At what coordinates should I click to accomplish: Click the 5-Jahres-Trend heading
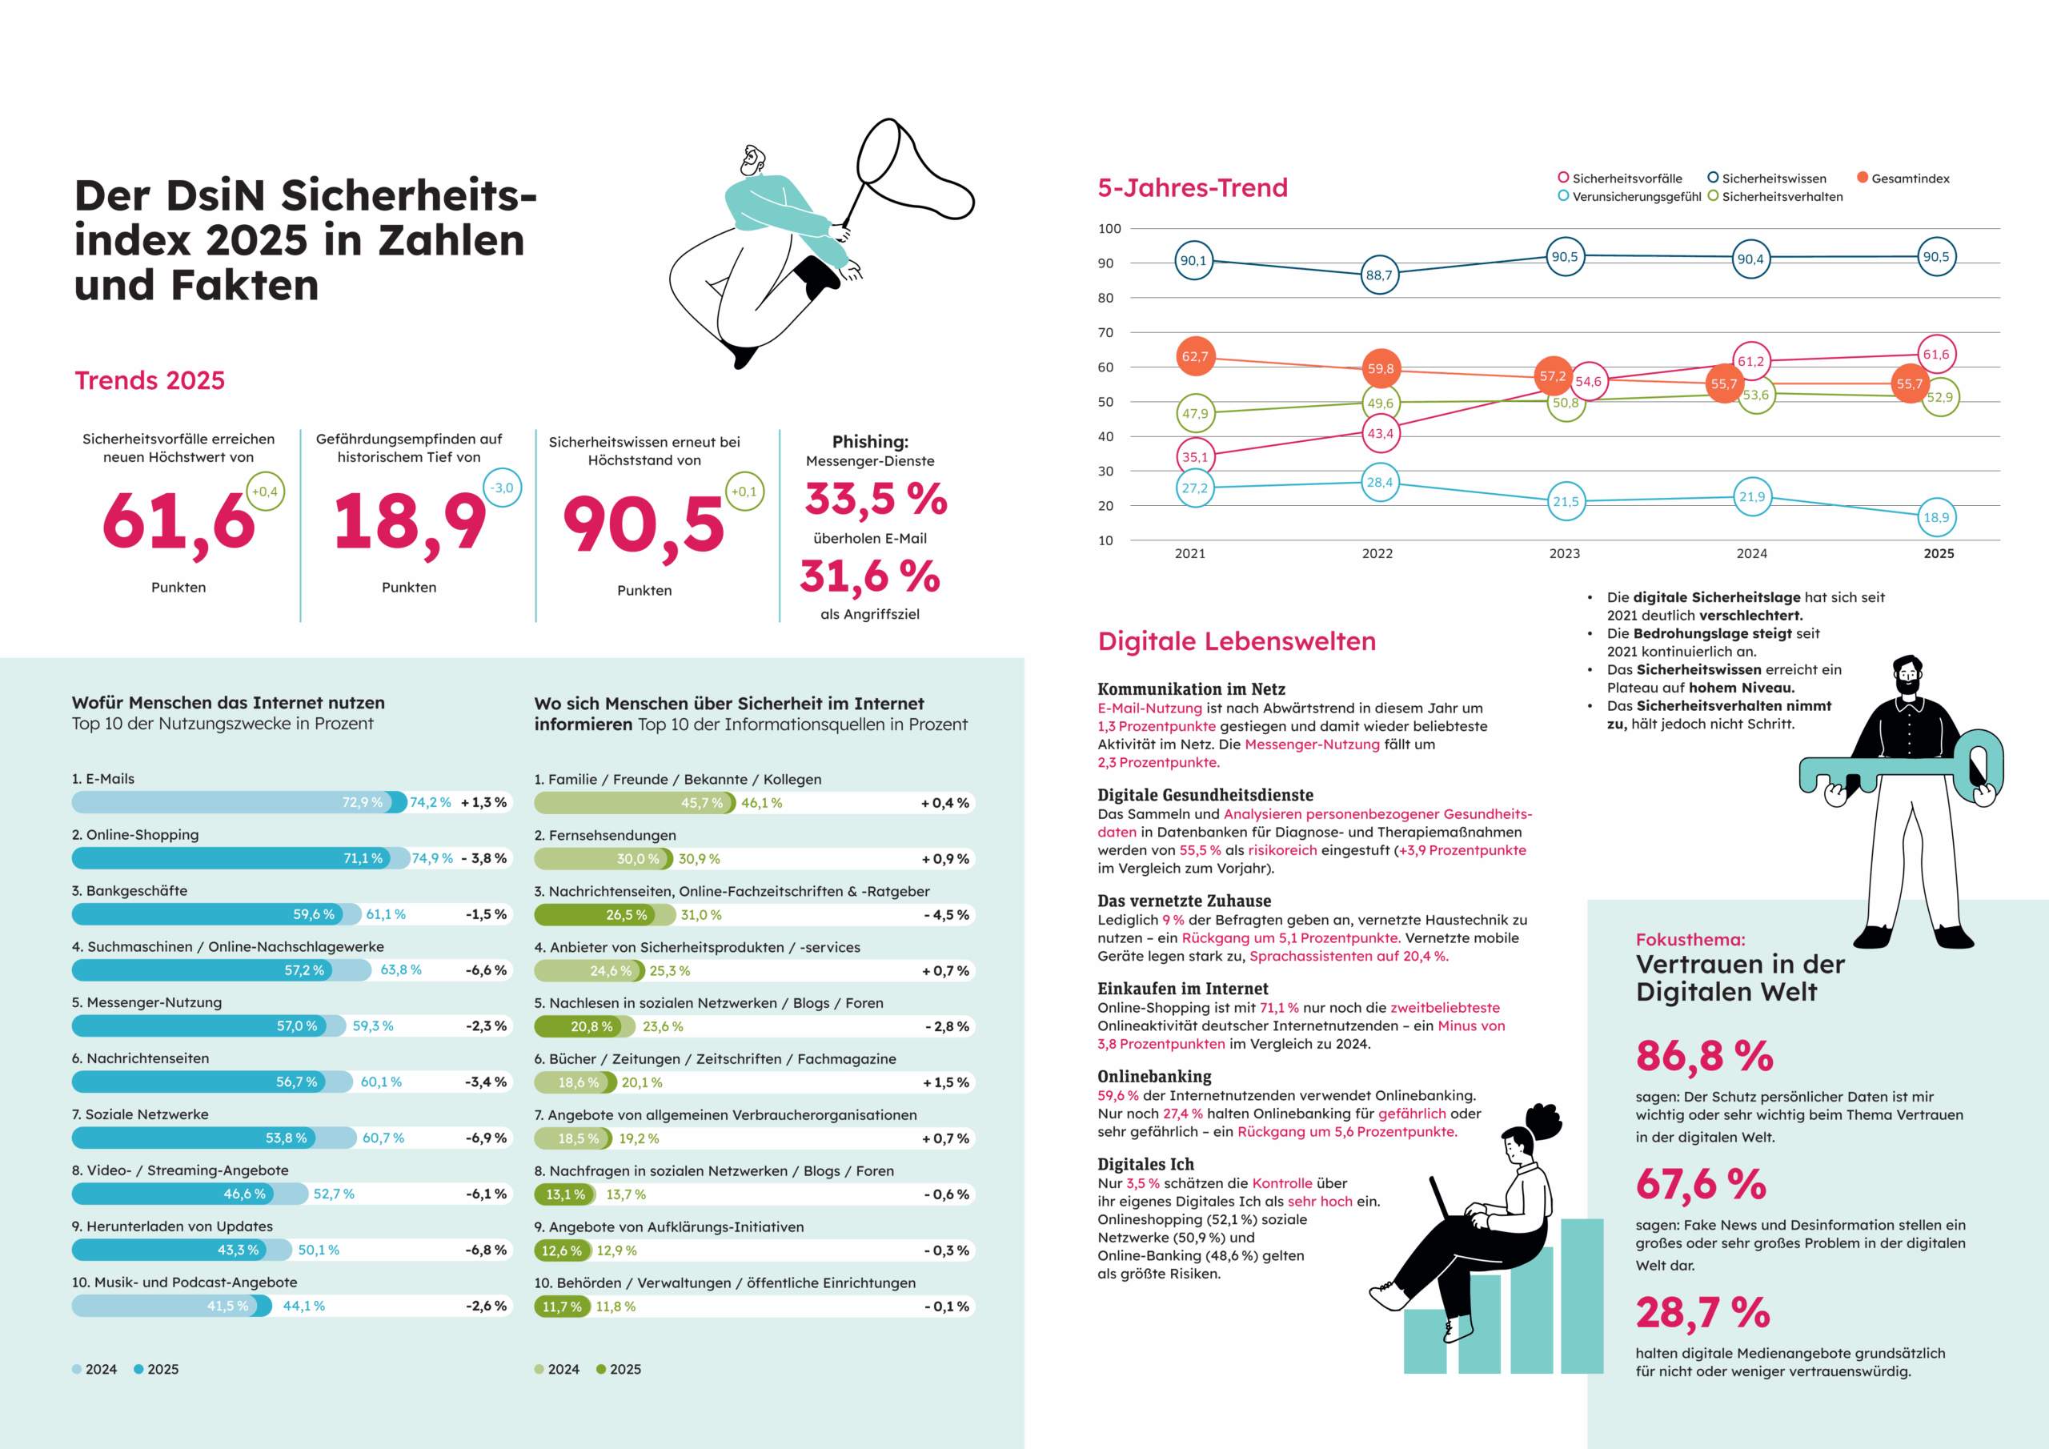[1193, 187]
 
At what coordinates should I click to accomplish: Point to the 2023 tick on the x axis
[1565, 553]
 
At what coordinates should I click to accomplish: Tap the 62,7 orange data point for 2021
[1195, 356]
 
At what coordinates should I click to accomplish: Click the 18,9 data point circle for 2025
[1935, 517]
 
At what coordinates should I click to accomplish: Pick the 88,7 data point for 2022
[1379, 275]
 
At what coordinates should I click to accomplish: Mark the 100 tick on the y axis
[1109, 228]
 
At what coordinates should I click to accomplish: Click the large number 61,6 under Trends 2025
[178, 522]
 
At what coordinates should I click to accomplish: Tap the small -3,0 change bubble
[503, 488]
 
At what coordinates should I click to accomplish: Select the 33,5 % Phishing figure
[876, 499]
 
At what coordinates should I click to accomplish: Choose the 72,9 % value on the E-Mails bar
[363, 803]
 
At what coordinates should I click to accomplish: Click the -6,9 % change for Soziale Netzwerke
[486, 1138]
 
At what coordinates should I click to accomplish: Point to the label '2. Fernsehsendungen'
[605, 835]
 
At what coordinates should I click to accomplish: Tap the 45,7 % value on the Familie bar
[701, 804]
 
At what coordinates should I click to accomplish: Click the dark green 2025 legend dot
[600, 1369]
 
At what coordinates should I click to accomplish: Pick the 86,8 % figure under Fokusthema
[1704, 1056]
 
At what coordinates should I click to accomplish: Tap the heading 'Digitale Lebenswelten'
[1236, 641]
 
